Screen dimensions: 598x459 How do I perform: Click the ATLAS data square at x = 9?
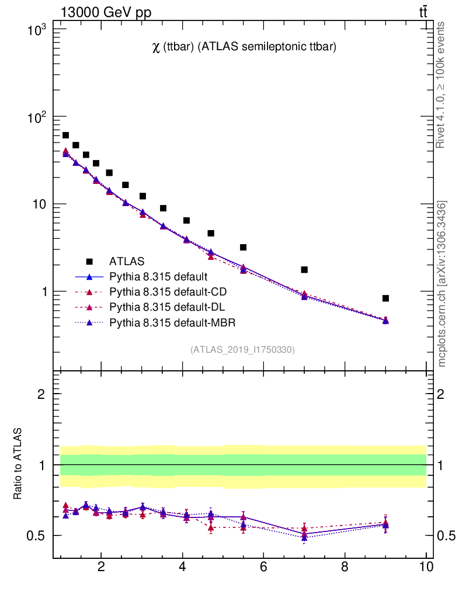coord(385,298)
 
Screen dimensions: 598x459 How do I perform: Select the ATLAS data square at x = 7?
coord(304,270)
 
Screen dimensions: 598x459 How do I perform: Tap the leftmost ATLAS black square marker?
coord(65,135)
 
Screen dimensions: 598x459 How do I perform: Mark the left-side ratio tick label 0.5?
coord(36,536)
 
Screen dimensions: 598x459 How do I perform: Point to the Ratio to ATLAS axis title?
coord(19,464)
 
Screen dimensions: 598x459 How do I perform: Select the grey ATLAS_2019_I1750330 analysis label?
coord(242,350)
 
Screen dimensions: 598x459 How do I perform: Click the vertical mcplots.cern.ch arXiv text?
coord(442,284)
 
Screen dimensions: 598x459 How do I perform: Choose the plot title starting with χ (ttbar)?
coord(244,48)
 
